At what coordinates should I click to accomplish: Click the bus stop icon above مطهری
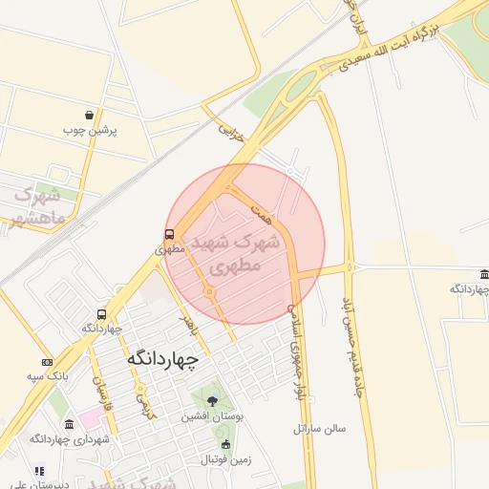tap(169, 234)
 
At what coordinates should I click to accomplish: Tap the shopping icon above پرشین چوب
tap(90, 115)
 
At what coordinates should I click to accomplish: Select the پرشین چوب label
tap(90, 129)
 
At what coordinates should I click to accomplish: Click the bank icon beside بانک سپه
tap(48, 363)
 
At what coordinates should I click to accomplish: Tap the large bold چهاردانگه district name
tap(163, 358)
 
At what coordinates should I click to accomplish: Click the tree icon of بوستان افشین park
tap(211, 401)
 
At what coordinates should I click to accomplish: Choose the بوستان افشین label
tap(212, 417)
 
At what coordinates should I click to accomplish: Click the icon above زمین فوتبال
tap(225, 445)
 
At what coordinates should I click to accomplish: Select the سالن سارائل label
tap(319, 429)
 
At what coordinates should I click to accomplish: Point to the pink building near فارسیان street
tap(89, 417)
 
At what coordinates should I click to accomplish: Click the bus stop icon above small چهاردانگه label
tap(101, 315)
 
